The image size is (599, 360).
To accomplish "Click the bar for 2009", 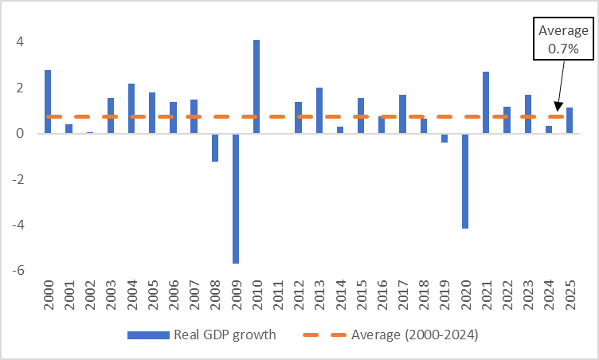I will [x=236, y=198].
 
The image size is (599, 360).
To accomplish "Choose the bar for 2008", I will [x=215, y=147].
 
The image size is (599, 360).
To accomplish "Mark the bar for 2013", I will [x=319, y=111].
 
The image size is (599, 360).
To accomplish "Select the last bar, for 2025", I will [x=569, y=120].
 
